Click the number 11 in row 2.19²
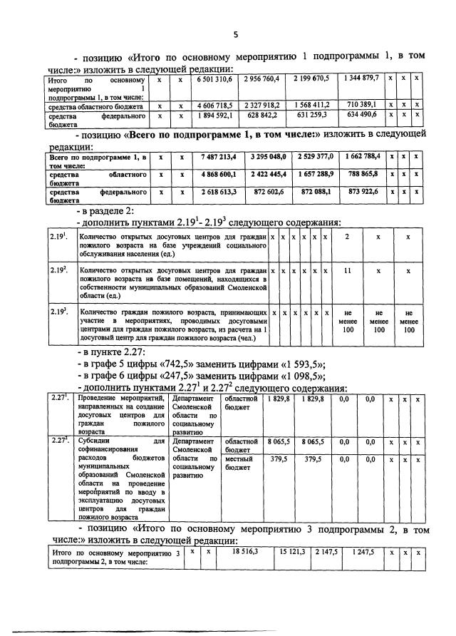click(346, 271)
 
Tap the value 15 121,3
click(292, 552)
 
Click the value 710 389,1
click(361, 105)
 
